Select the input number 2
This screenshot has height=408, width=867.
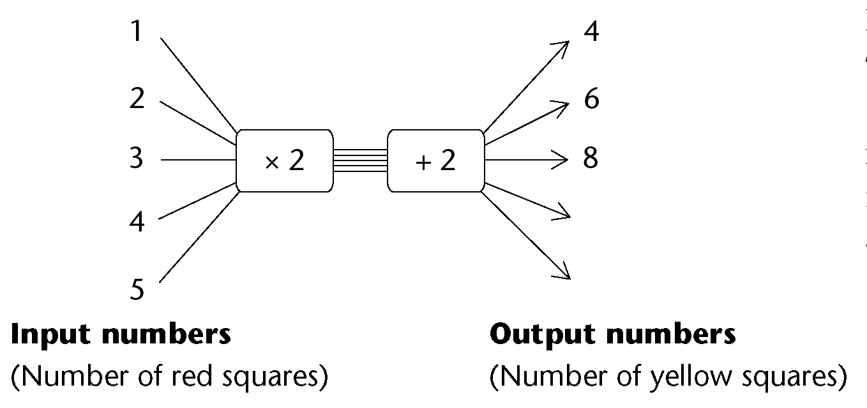coord(137,99)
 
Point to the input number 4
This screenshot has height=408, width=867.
coord(137,223)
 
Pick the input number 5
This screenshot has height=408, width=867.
coord(137,290)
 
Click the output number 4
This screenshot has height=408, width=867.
coord(592,31)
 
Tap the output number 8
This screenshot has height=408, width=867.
coord(591,157)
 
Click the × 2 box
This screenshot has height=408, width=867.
coord(285,161)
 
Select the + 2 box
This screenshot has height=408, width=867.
coord(435,161)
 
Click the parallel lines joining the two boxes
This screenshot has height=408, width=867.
coord(360,161)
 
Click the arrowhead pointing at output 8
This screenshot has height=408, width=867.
coord(562,159)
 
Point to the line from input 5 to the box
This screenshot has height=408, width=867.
coord(198,237)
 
